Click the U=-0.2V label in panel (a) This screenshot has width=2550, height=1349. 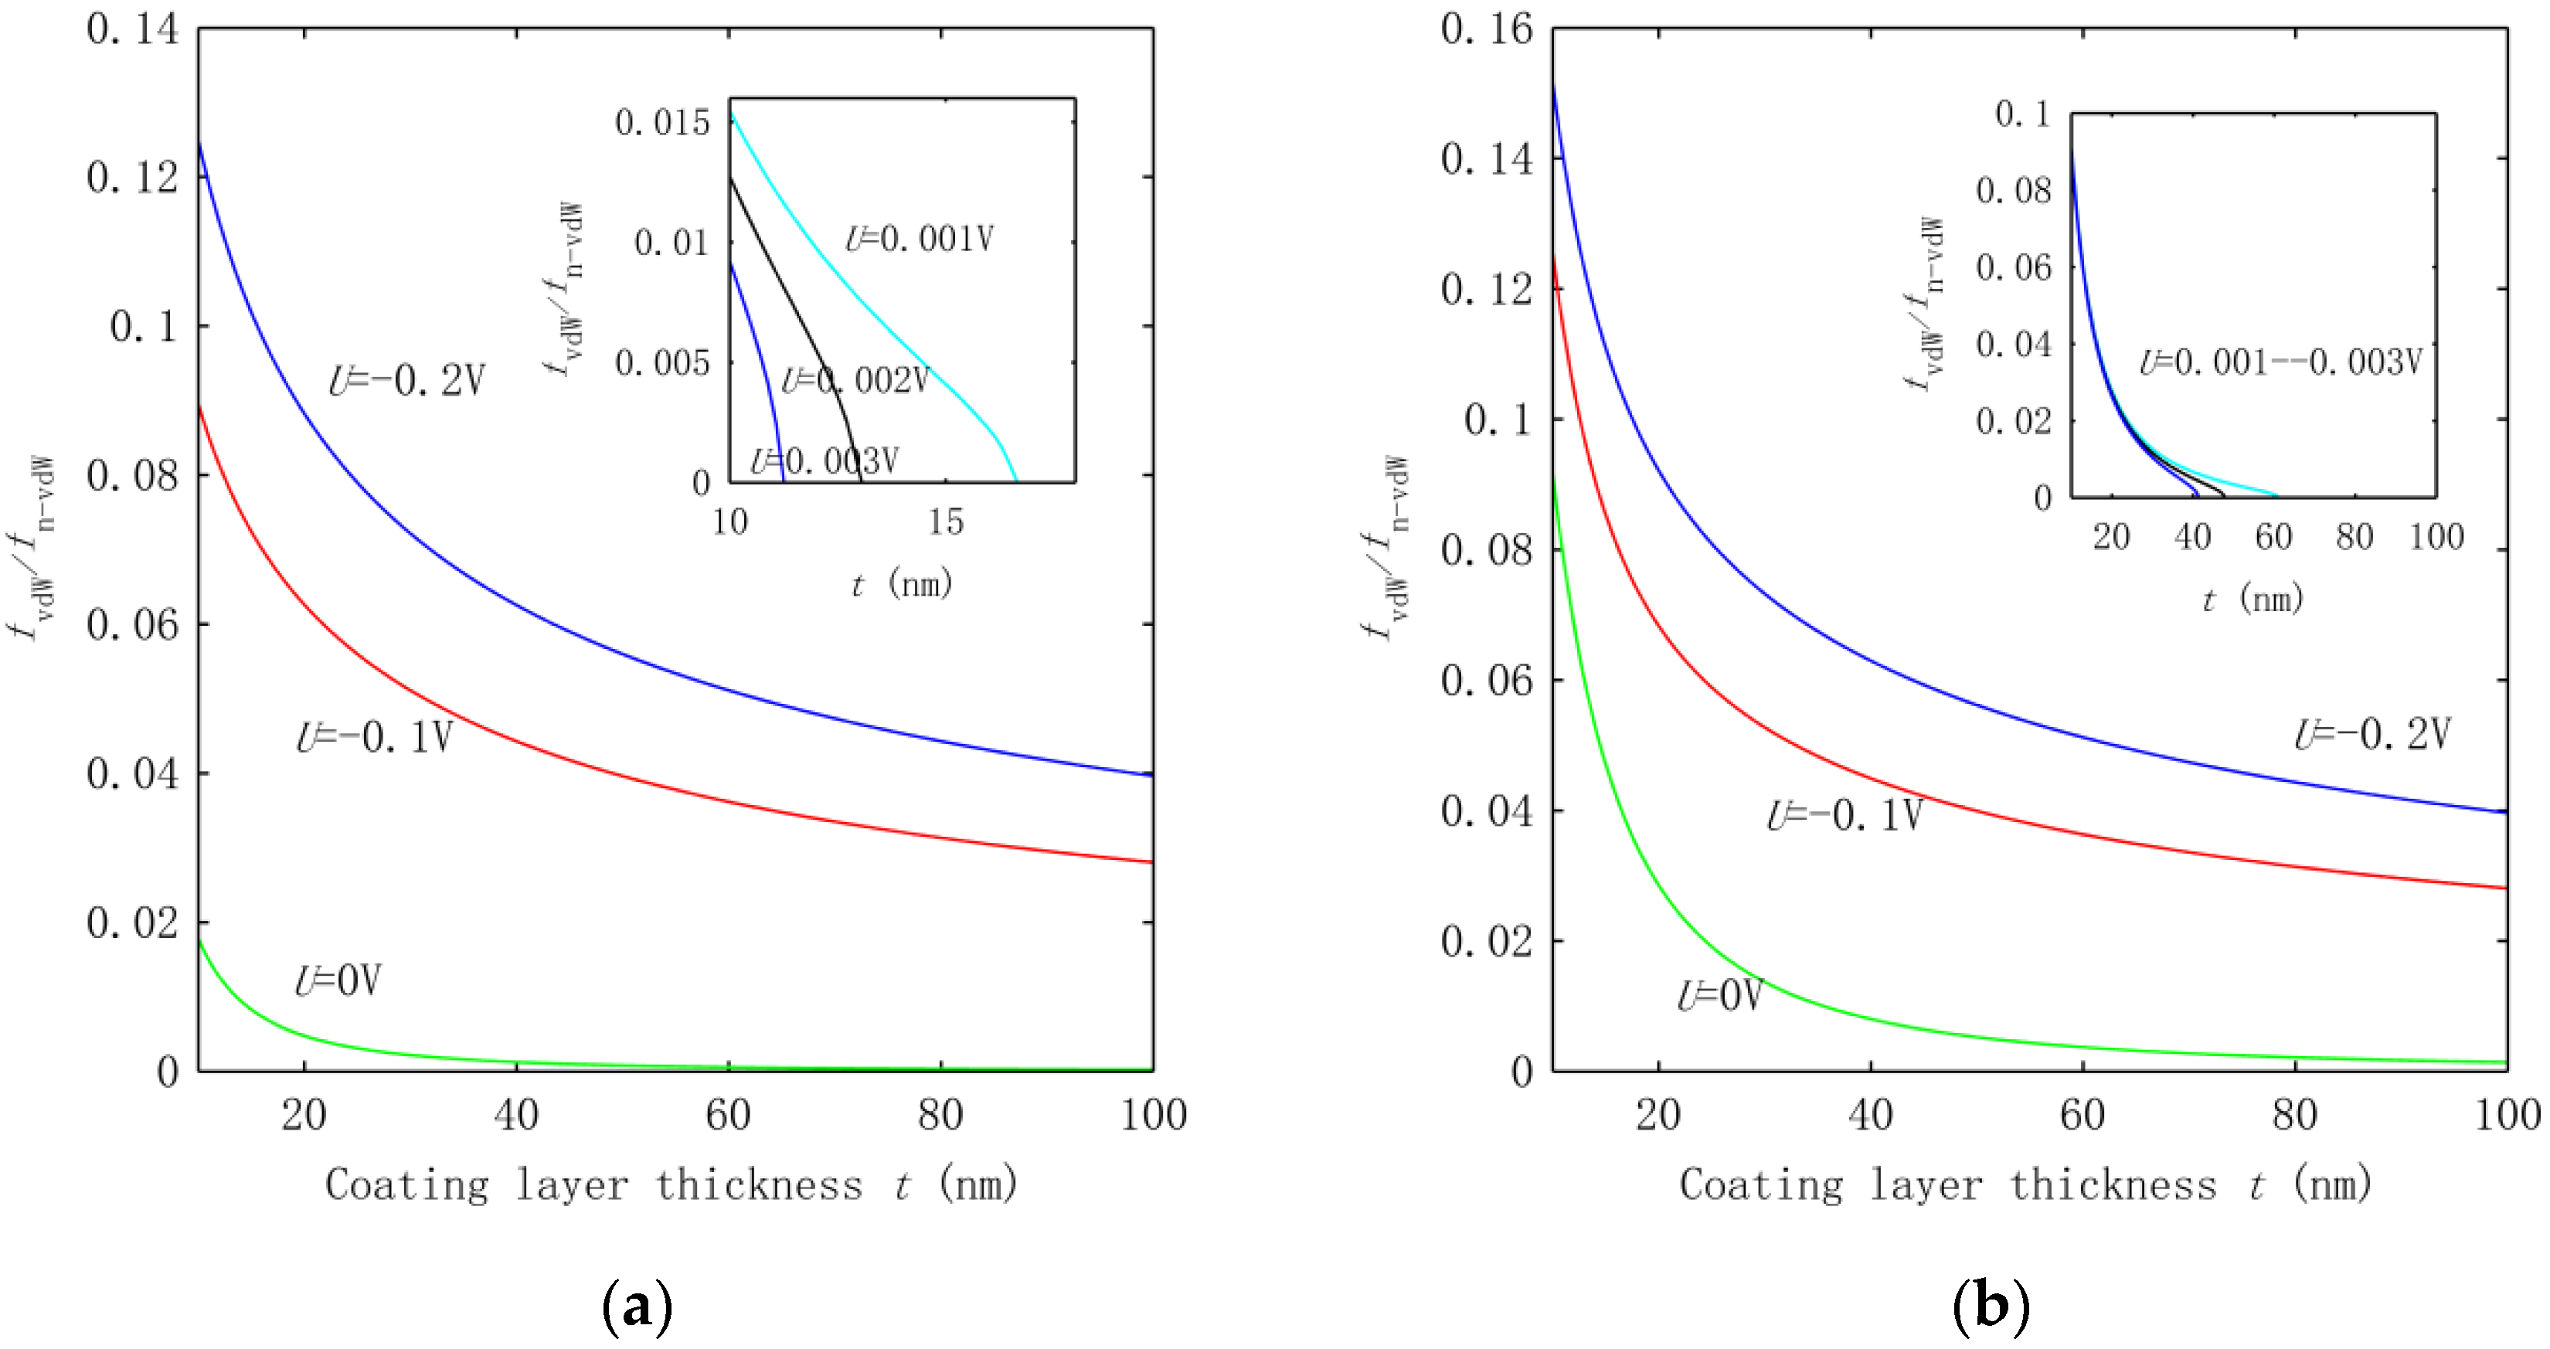point(407,380)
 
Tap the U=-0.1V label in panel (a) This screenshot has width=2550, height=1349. point(376,737)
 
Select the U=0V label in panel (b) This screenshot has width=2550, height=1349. point(1719,994)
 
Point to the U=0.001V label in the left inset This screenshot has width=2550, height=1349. point(919,239)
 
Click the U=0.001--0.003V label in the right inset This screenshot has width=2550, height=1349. point(2280,362)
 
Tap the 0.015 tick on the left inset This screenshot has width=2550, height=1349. point(662,123)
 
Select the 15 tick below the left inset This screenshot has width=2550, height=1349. point(945,522)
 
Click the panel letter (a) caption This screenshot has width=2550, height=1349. point(637,1307)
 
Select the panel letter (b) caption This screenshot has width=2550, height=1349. point(1990,1307)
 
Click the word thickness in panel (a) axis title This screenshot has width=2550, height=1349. point(760,1184)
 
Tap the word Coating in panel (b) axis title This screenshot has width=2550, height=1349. point(1761,1184)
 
